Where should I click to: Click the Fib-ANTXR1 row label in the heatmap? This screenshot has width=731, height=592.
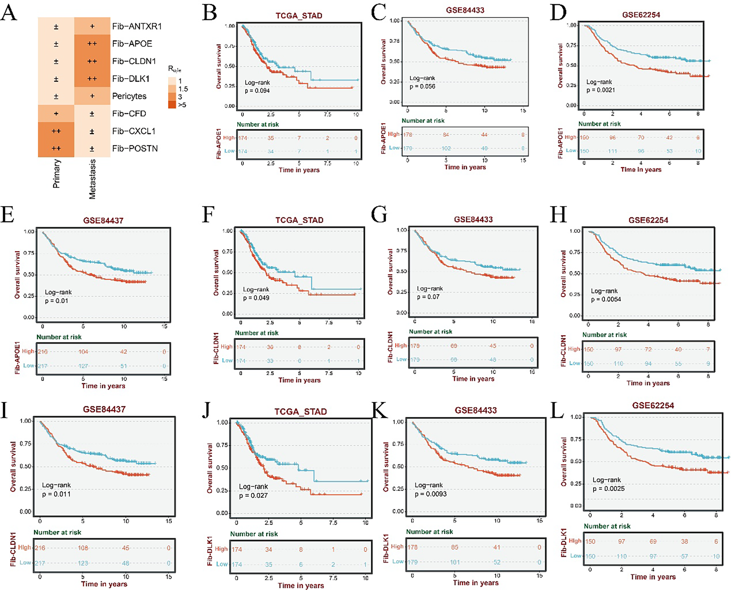[x=137, y=26]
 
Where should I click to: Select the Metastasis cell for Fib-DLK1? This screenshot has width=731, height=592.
[x=92, y=79]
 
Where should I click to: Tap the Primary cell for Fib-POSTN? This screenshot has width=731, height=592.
[x=56, y=149]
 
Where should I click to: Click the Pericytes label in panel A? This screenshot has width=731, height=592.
[x=129, y=96]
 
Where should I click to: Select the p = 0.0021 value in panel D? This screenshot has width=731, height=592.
[x=600, y=90]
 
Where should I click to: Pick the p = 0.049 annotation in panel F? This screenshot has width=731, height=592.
[x=256, y=298]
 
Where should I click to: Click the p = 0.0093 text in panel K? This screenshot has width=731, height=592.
[x=430, y=494]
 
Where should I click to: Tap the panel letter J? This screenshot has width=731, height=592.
[x=206, y=410]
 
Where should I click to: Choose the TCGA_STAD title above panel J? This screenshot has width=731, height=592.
[x=300, y=412]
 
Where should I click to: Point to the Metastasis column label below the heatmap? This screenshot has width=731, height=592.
[x=92, y=179]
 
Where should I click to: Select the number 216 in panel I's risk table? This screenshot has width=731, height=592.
[x=40, y=548]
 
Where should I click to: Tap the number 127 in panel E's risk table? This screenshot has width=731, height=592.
[x=83, y=366]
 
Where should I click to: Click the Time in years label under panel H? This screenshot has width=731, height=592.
[x=648, y=383]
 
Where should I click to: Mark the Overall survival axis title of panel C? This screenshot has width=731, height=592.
[x=383, y=62]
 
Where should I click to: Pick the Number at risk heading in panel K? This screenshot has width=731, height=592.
[x=429, y=532]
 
